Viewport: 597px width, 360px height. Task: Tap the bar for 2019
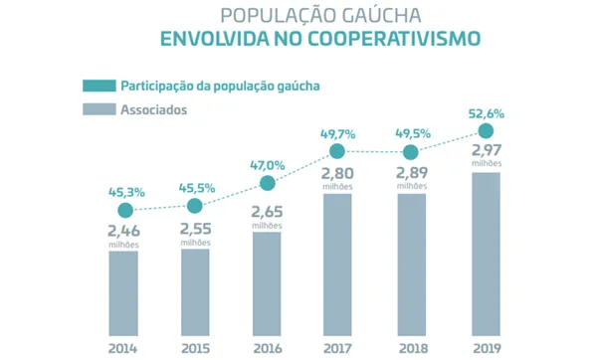tap(486, 254)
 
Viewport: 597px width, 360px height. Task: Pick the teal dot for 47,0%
tap(267, 183)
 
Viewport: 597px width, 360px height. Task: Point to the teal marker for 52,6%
tap(486, 131)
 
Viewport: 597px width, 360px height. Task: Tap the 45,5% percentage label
tap(195, 185)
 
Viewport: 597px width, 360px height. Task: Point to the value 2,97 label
tap(486, 150)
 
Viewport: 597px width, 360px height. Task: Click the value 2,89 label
tap(411, 172)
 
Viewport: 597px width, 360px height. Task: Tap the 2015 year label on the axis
tap(195, 347)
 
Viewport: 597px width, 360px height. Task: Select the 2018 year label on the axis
tap(411, 347)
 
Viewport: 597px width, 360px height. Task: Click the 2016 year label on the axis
tap(267, 347)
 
